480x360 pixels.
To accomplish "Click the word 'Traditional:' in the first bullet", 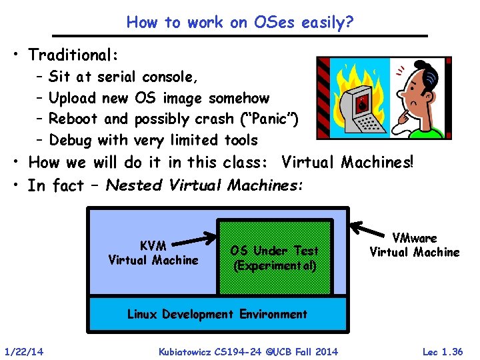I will point(73,54).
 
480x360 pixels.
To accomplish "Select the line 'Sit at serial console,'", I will point(123,77).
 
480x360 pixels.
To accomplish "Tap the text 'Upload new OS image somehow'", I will point(159,98).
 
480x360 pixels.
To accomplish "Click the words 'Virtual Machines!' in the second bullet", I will point(347,162).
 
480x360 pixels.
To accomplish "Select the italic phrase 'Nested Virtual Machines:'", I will point(204,185).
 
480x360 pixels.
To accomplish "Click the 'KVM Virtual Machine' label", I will point(153,253).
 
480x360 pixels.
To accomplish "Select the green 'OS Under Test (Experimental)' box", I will point(274,258).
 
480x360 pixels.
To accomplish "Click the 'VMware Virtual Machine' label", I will point(414,245).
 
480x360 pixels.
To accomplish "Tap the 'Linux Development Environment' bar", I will point(217,314).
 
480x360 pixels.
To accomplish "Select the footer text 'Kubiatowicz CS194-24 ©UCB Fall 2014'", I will point(248,351).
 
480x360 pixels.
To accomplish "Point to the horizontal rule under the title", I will point(240,35).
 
